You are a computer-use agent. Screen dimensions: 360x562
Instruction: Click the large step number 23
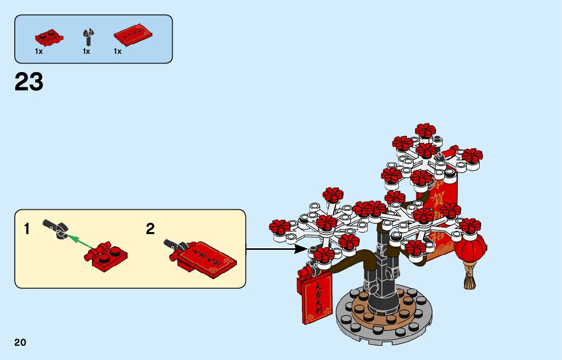[29, 82]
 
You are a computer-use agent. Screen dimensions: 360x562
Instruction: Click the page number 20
[20, 342]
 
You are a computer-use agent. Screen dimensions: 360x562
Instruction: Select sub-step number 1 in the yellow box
[27, 229]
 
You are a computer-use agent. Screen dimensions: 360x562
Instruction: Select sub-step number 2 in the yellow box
[150, 229]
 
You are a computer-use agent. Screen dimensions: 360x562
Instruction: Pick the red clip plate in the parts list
[48, 38]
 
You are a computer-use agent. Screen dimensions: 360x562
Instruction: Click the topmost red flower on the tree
[425, 130]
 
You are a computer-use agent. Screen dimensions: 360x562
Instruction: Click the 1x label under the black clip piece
[86, 51]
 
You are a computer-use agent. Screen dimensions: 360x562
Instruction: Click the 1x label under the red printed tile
[118, 51]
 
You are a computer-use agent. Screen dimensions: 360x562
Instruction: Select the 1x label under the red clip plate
[39, 51]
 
